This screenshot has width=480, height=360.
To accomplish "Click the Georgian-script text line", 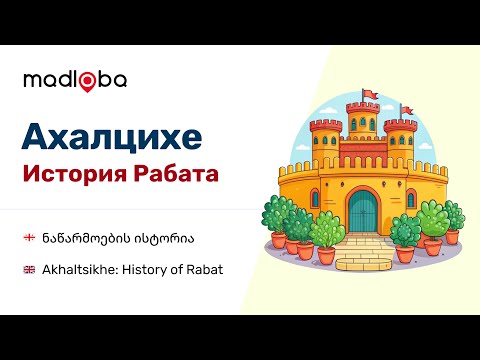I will pos(111,238).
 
